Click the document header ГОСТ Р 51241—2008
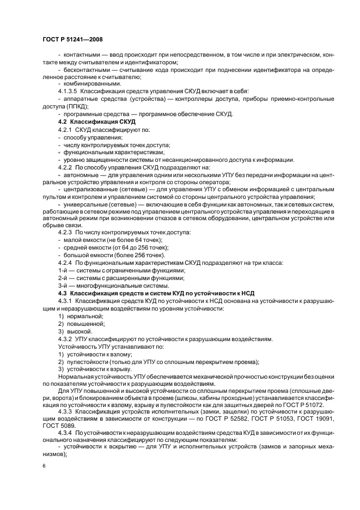click(x=72, y=39)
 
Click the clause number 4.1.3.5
click(x=69, y=91)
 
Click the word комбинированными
click(x=90, y=83)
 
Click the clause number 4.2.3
click(x=66, y=233)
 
